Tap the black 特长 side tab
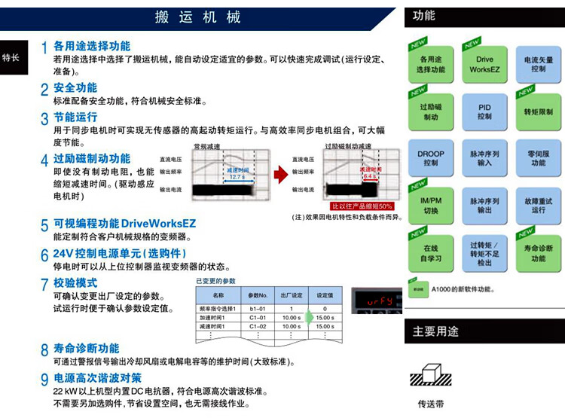(11, 58)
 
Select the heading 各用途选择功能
(91, 46)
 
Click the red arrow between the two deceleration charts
(280, 175)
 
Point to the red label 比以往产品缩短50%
(362, 206)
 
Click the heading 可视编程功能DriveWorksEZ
(124, 224)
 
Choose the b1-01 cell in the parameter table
(258, 309)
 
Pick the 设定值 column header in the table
(325, 295)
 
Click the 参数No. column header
(258, 295)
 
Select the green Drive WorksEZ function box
(484, 64)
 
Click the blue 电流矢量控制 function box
(538, 64)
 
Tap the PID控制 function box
(484, 112)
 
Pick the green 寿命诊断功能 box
(538, 252)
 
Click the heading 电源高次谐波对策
(97, 377)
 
